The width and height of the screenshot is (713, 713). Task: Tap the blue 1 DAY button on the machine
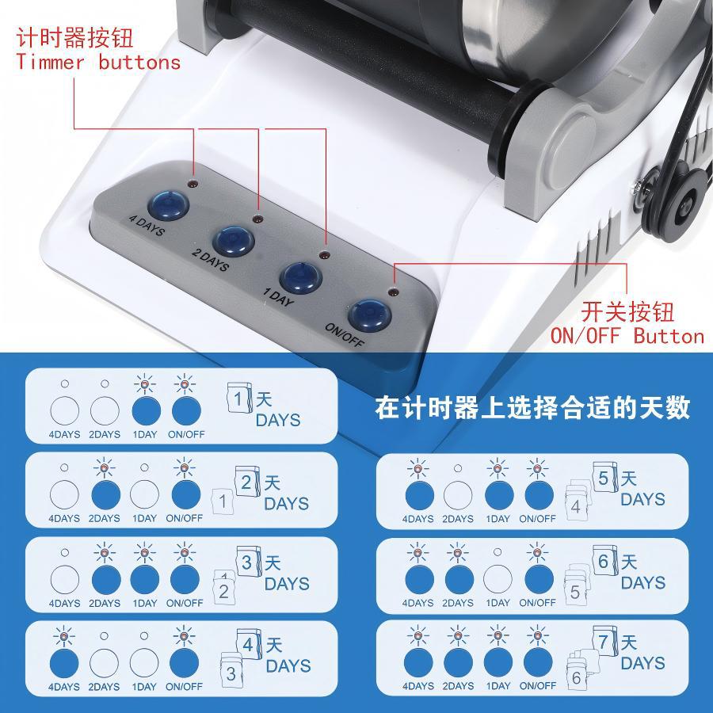point(301,276)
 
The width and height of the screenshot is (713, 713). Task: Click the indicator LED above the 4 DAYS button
point(193,184)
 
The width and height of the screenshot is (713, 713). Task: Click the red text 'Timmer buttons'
point(98,63)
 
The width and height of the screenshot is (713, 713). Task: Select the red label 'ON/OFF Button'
point(627,336)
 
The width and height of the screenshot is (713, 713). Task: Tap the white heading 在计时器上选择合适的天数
point(532,408)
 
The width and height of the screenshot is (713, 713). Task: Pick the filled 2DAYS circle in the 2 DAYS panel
point(105,497)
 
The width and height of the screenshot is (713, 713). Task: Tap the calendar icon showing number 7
point(604,639)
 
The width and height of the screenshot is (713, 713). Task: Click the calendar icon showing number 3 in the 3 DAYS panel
point(247,562)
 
